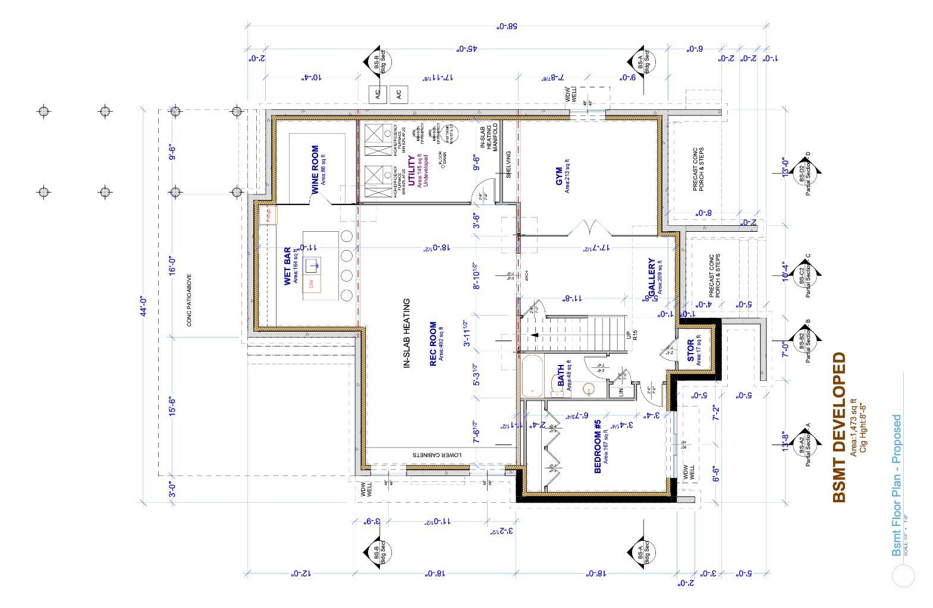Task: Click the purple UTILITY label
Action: click(x=411, y=171)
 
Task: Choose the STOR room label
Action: click(x=690, y=351)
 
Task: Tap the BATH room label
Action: click(x=560, y=376)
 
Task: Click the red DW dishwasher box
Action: click(x=312, y=284)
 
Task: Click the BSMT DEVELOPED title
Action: click(x=838, y=427)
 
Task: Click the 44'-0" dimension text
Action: click(x=143, y=308)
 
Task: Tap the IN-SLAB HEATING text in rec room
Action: click(x=407, y=333)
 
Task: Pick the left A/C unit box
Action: click(x=378, y=93)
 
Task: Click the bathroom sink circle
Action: click(x=588, y=389)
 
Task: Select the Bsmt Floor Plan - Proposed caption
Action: click(x=896, y=486)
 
